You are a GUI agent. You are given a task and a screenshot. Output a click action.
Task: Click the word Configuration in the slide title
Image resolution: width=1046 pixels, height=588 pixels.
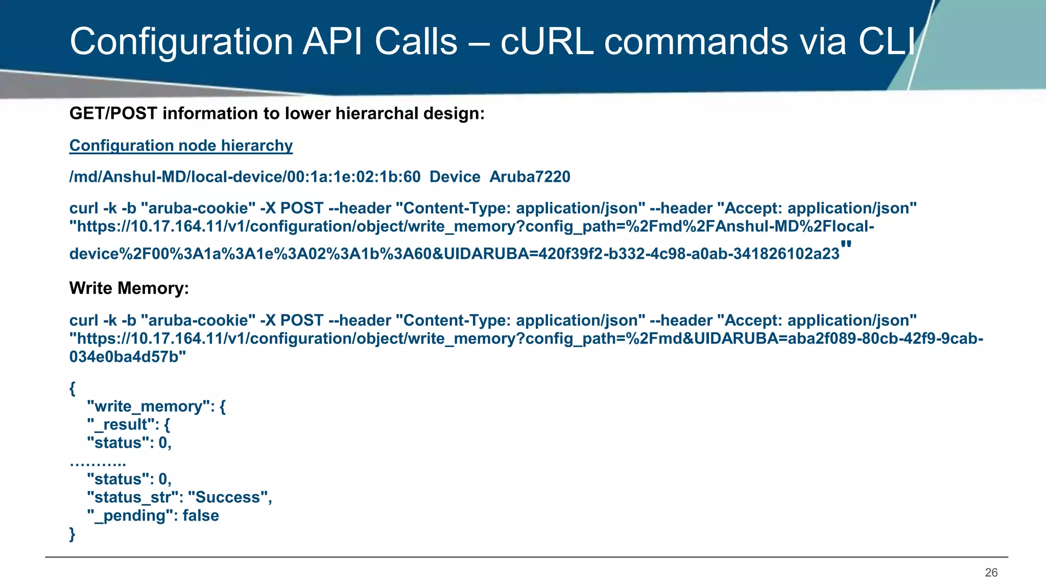181,42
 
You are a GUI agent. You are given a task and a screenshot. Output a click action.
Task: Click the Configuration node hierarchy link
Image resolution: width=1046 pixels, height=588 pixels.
181,146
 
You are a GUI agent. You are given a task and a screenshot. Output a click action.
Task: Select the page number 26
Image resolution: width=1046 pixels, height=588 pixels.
991,573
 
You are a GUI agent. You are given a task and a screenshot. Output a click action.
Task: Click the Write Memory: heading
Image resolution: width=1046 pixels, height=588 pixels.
129,288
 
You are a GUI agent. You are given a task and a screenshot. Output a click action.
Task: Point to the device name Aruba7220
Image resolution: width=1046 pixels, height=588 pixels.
530,177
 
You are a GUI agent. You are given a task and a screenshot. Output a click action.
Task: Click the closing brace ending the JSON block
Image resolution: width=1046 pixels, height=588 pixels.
72,534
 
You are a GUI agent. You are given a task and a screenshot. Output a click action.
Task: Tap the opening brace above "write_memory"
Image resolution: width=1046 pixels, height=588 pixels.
72,388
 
